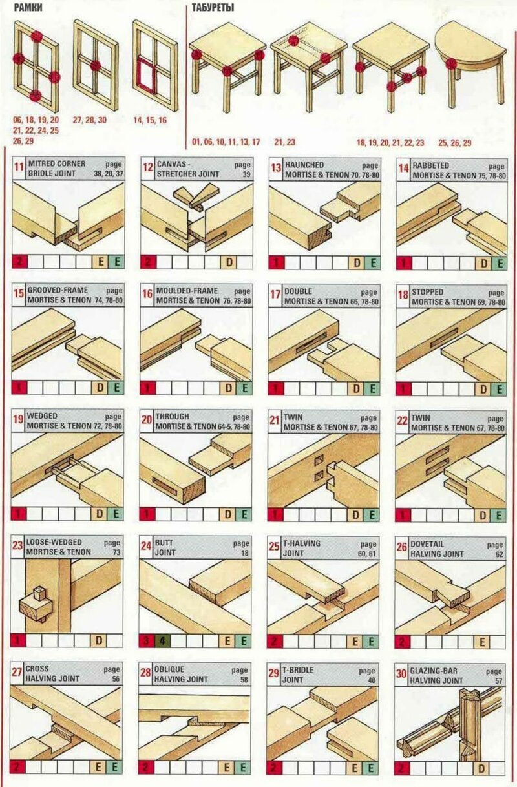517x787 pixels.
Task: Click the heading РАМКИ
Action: click(x=28, y=7)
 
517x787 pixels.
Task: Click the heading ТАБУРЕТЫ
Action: click(x=213, y=7)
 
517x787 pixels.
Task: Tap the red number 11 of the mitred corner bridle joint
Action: click(x=19, y=166)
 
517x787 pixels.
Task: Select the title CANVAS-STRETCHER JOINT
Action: click(x=188, y=169)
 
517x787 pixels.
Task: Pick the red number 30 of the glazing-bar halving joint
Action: click(x=402, y=674)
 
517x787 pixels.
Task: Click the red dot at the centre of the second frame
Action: click(x=95, y=66)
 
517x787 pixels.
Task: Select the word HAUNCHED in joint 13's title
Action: click(x=304, y=164)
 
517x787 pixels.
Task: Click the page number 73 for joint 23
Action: click(x=116, y=552)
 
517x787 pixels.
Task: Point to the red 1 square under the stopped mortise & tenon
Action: click(x=403, y=389)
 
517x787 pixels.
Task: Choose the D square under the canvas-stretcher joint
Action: click(x=229, y=262)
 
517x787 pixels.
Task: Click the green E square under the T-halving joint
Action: click(x=371, y=641)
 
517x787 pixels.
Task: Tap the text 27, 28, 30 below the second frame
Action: click(x=90, y=120)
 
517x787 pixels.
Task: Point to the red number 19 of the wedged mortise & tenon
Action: click(x=18, y=419)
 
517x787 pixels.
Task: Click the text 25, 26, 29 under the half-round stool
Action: click(x=455, y=143)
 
